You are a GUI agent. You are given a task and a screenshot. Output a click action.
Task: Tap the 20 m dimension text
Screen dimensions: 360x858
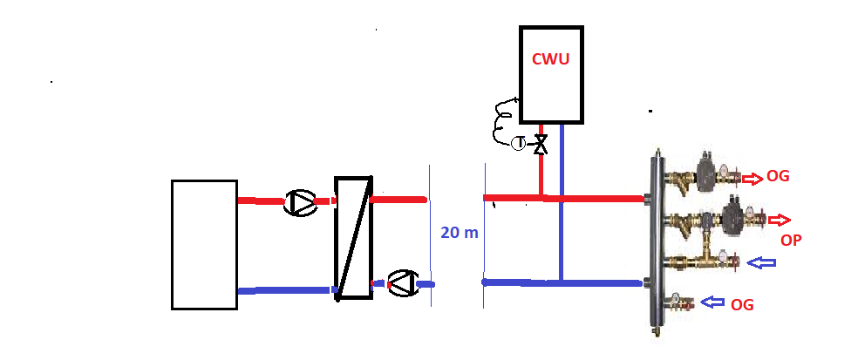point(460,233)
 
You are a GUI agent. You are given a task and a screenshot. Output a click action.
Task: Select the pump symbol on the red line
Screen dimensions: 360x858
point(300,203)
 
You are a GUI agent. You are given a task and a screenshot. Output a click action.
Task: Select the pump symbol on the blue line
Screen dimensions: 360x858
point(402,283)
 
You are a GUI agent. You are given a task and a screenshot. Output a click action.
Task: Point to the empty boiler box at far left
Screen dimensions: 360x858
point(204,244)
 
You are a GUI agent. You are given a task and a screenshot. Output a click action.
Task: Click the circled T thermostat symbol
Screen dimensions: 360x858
point(518,143)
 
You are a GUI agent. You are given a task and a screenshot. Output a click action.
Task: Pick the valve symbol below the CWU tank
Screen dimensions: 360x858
point(541,144)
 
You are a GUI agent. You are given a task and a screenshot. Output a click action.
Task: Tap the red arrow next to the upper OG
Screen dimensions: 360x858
point(751,179)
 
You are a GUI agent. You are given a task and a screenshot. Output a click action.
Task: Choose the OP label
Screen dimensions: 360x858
point(792,239)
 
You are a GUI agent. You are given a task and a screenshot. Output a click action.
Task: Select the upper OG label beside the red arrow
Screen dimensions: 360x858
point(778,178)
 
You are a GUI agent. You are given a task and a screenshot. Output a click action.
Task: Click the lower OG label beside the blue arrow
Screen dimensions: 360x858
point(742,305)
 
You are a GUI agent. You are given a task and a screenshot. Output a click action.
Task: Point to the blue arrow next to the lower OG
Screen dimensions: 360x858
point(713,302)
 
